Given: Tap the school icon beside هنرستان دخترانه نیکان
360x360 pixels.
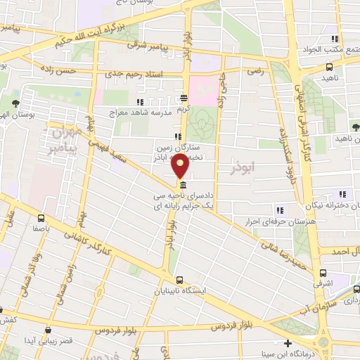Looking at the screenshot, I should click(x=344, y=195).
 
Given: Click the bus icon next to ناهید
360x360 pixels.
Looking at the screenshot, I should click(x=330, y=67).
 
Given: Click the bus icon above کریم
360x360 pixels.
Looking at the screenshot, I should click(x=184, y=99).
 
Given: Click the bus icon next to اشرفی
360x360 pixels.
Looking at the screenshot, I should click(x=323, y=273).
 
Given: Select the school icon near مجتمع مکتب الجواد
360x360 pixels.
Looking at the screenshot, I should click(x=337, y=39).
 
